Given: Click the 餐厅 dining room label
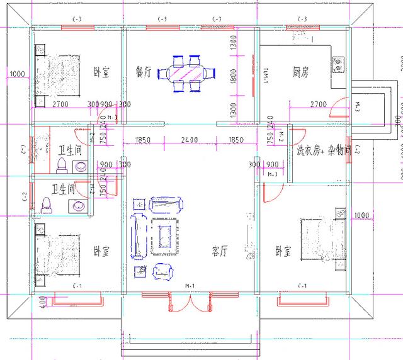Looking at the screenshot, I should click(144, 72).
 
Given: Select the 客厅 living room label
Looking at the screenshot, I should click(219, 252).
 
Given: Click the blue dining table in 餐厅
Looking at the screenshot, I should click(187, 71).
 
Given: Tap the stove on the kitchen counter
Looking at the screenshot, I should click(339, 62).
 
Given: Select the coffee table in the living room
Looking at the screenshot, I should click(167, 234).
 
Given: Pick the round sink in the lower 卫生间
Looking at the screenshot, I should click(79, 206).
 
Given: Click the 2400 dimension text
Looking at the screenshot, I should click(189, 140).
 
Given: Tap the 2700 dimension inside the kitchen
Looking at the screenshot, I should click(319, 103).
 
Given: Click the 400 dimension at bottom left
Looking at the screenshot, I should click(42, 301).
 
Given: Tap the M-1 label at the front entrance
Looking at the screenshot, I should click(189, 286).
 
